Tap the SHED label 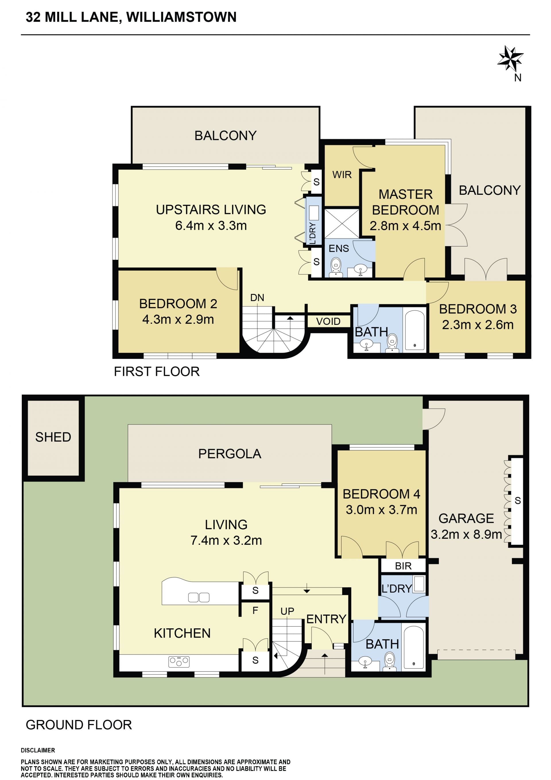53,437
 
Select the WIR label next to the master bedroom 342,175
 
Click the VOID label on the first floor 328,321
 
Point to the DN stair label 257,298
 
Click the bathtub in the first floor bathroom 414,330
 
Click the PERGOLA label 230,454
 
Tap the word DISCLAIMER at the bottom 38,750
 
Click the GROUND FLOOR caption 79,725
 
